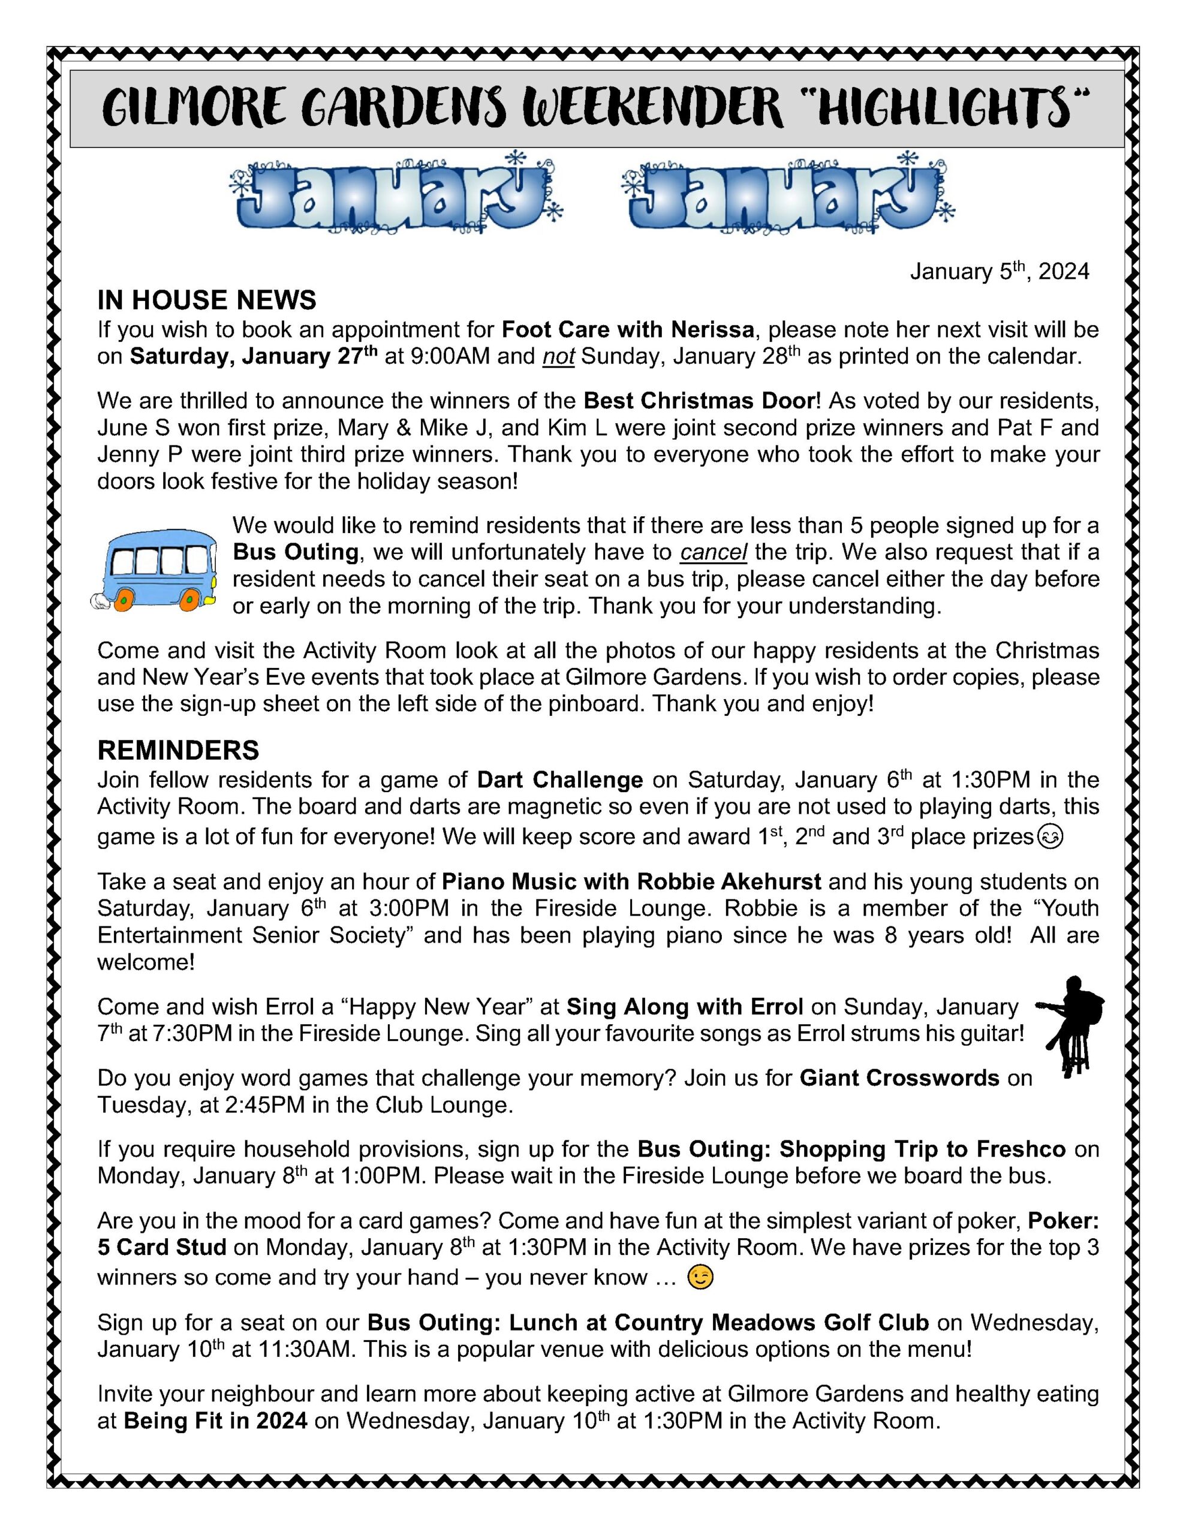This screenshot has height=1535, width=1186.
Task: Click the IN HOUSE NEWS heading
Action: coord(207,300)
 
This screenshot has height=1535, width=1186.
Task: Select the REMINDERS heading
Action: coord(178,751)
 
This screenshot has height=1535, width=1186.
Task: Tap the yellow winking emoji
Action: coord(700,1277)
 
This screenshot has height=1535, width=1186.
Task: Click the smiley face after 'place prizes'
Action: coord(1050,837)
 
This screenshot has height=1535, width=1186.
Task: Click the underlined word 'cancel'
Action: coord(713,552)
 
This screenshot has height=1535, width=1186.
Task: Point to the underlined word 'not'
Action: coord(558,357)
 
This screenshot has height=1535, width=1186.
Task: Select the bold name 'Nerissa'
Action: coord(712,330)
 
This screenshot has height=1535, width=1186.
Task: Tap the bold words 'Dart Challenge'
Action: coord(559,780)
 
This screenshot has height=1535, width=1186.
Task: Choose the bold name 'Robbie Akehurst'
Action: coord(729,881)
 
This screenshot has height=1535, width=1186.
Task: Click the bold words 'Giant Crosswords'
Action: coord(899,1078)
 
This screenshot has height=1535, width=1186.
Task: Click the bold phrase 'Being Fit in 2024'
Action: coord(215,1421)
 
